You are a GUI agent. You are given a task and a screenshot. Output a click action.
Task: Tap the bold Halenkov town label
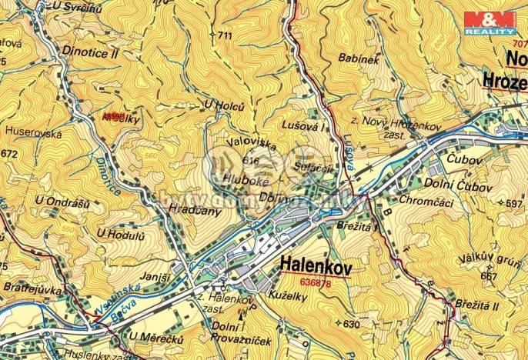[x=316, y=266]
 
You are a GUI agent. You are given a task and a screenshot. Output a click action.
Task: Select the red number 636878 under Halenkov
[x=315, y=283]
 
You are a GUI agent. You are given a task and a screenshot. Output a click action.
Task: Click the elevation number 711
[x=224, y=36]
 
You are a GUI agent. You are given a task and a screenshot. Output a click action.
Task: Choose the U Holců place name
[x=219, y=105]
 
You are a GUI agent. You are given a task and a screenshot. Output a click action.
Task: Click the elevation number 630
[x=352, y=324]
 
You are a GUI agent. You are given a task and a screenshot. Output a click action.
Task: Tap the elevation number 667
[x=488, y=276]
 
